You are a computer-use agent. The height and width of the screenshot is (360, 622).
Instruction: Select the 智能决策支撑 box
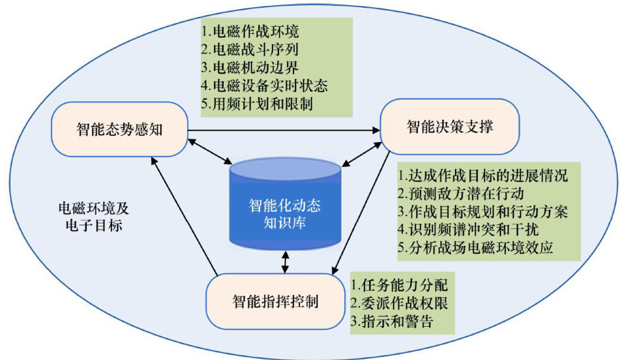[x=449, y=127]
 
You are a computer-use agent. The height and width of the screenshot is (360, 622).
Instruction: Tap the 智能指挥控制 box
[x=274, y=301]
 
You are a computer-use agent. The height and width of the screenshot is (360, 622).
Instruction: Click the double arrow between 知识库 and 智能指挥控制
[x=285, y=262]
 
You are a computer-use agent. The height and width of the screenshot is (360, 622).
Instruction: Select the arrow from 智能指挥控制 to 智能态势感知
[x=186, y=215]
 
